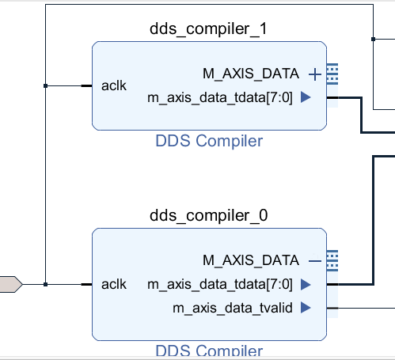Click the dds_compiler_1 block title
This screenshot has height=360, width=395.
[x=208, y=29]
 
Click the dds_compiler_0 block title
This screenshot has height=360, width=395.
[x=208, y=215]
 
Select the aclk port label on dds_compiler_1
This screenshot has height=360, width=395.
[x=114, y=85]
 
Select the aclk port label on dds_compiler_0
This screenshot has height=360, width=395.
[x=114, y=284]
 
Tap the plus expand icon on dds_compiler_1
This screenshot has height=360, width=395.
[x=315, y=74]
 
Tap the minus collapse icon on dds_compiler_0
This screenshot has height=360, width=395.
[x=315, y=261]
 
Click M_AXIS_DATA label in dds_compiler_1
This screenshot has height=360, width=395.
[x=251, y=74]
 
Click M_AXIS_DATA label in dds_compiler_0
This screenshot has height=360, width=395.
[x=251, y=260]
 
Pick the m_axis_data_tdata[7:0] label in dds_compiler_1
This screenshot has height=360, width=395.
[x=220, y=98]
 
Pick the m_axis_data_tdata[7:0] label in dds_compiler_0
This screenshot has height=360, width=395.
[x=220, y=285]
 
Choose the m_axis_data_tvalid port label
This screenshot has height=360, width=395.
[x=233, y=308]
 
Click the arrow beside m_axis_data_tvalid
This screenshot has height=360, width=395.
[x=306, y=308]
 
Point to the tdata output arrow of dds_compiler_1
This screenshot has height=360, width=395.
[x=306, y=97]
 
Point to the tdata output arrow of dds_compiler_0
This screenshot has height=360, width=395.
[x=306, y=284]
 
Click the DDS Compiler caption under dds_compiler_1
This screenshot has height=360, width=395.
[x=209, y=141]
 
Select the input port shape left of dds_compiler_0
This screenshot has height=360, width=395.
[x=11, y=284]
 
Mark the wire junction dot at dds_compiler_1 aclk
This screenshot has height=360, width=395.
[x=45, y=85]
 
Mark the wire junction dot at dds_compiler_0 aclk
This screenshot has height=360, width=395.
[x=45, y=284]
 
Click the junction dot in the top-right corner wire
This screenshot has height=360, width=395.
[x=373, y=39]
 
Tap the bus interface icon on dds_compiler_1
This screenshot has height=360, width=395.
[x=332, y=74]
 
